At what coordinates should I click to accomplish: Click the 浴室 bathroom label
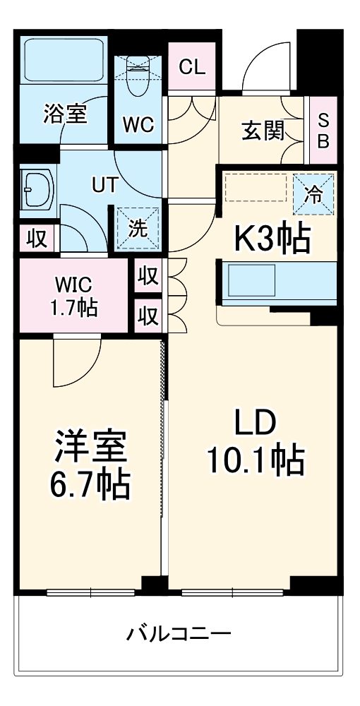pos(66,114)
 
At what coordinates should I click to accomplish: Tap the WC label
pos(138,124)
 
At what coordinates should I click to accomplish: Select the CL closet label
pos(192,68)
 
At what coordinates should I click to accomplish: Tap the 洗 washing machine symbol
pos(138,228)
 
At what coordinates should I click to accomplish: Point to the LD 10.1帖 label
pos(255,443)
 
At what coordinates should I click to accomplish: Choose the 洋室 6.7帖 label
pos(90,465)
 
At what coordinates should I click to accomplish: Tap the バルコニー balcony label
pos(179,633)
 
